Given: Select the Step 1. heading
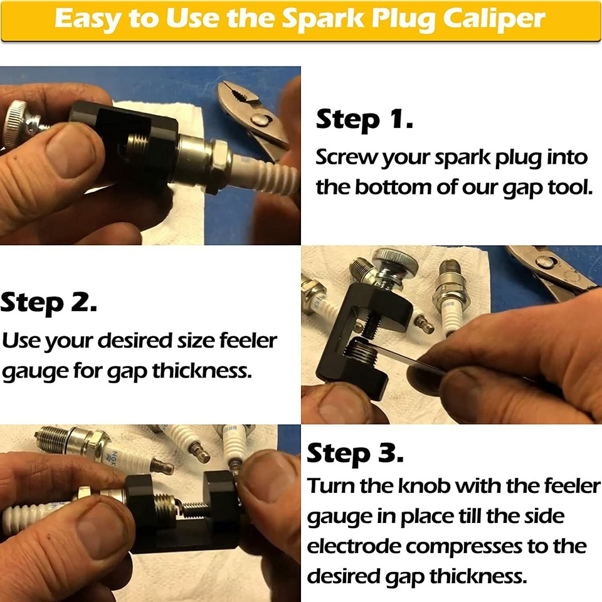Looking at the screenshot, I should click(364, 119).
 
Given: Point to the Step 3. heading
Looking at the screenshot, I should click(355, 453).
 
